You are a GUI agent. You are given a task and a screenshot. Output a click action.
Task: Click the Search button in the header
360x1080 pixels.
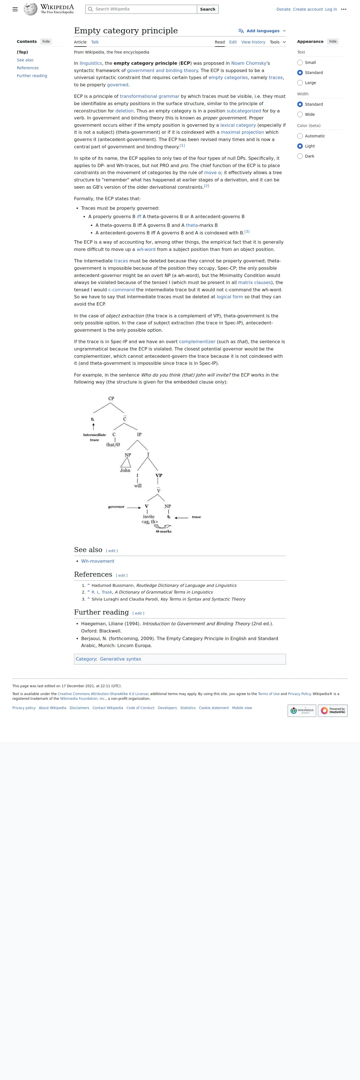point(207,9)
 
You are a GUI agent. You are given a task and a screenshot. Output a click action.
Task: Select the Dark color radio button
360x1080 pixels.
point(300,156)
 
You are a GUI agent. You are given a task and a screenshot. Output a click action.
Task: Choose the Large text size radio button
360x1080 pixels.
point(300,83)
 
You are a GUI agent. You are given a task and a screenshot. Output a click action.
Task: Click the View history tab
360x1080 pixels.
point(253,42)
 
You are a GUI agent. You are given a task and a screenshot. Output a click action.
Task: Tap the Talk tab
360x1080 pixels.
point(95,42)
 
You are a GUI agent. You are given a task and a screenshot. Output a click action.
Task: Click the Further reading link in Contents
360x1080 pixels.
point(32,76)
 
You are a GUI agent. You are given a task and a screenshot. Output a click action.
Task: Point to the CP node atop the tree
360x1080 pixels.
point(111,398)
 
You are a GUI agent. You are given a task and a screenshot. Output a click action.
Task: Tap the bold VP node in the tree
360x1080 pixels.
point(159,476)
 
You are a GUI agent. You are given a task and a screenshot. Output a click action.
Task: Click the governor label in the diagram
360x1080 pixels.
point(116,507)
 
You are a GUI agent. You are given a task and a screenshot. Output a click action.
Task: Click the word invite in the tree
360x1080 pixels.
point(149,516)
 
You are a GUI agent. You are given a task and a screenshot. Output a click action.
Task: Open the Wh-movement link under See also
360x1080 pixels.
point(98,561)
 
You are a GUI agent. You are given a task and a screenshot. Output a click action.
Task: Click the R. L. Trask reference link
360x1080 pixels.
point(102,592)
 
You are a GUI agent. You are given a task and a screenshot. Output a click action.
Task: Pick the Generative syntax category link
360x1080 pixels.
point(120,659)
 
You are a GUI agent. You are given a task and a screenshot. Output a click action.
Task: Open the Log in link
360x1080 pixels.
point(331,9)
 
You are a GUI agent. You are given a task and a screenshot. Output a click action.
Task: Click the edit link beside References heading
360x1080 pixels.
point(121,575)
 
